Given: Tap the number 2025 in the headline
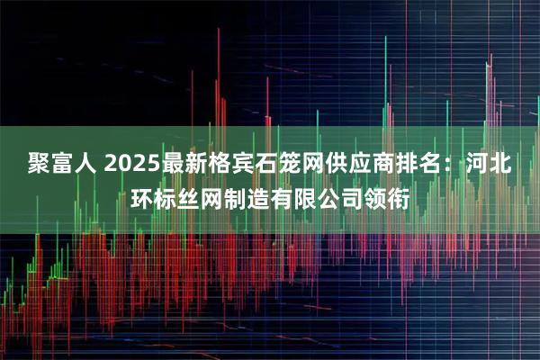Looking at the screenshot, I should coord(130,166).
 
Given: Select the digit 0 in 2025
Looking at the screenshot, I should coord(123,166).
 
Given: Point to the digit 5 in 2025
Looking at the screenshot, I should coord(149,166).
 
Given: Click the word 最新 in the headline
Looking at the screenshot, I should coord(184,166).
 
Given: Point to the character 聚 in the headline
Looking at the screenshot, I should coord(36,166).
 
